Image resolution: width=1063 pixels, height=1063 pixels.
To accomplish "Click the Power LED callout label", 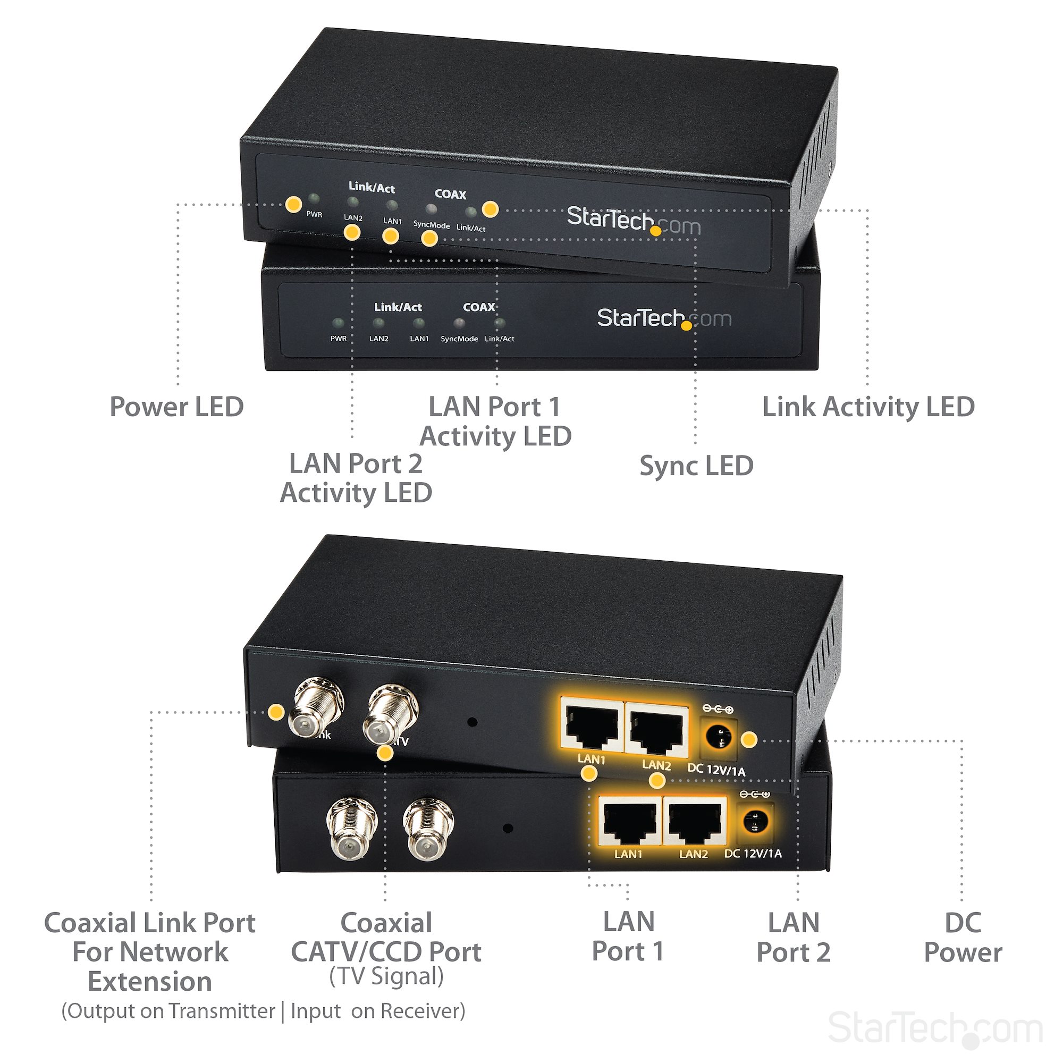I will click(x=176, y=407).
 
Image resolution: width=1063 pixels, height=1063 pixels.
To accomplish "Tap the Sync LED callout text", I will click(x=696, y=466).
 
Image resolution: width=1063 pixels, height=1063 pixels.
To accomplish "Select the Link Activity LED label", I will click(x=868, y=407).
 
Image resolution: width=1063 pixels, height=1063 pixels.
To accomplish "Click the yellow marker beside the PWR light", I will click(x=293, y=204).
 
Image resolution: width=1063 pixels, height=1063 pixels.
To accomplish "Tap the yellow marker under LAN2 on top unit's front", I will click(x=351, y=232).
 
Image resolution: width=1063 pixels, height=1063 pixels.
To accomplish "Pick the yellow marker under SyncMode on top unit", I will click(x=429, y=238).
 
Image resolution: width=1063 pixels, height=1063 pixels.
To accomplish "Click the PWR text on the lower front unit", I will click(x=339, y=339).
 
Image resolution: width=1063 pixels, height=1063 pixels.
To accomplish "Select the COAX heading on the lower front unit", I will click(x=479, y=307).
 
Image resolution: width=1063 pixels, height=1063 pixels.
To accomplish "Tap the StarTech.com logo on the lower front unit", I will click(x=664, y=318).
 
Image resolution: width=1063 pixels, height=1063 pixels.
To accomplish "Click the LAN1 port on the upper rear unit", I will click(x=592, y=724).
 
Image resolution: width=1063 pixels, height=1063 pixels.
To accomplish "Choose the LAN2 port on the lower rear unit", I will click(x=694, y=821).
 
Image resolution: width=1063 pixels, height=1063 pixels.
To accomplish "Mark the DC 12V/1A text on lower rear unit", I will click(x=753, y=854).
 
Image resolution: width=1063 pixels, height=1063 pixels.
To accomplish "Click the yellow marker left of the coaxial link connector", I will click(x=276, y=712).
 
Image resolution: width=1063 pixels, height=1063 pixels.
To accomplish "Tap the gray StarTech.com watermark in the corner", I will click(x=935, y=1027).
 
